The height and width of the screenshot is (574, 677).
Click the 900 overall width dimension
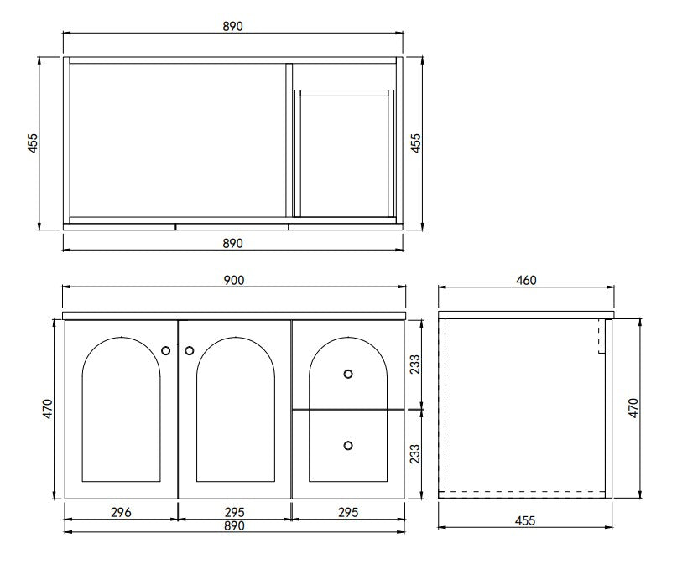point(233,281)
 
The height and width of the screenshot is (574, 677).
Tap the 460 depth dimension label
point(526,281)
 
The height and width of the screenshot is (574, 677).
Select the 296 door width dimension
point(121,511)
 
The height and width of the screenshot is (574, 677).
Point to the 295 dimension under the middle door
point(234,511)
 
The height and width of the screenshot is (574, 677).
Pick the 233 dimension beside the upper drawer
point(414,365)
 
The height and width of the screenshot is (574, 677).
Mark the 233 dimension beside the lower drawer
point(414,453)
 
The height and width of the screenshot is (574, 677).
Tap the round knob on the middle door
point(189,349)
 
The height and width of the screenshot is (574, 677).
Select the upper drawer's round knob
point(348,373)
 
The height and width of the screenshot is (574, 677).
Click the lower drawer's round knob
point(348,445)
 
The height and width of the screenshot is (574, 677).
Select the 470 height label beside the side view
point(633,408)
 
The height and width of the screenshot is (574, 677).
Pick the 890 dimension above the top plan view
point(233,26)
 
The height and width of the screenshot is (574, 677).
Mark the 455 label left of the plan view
point(33,142)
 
